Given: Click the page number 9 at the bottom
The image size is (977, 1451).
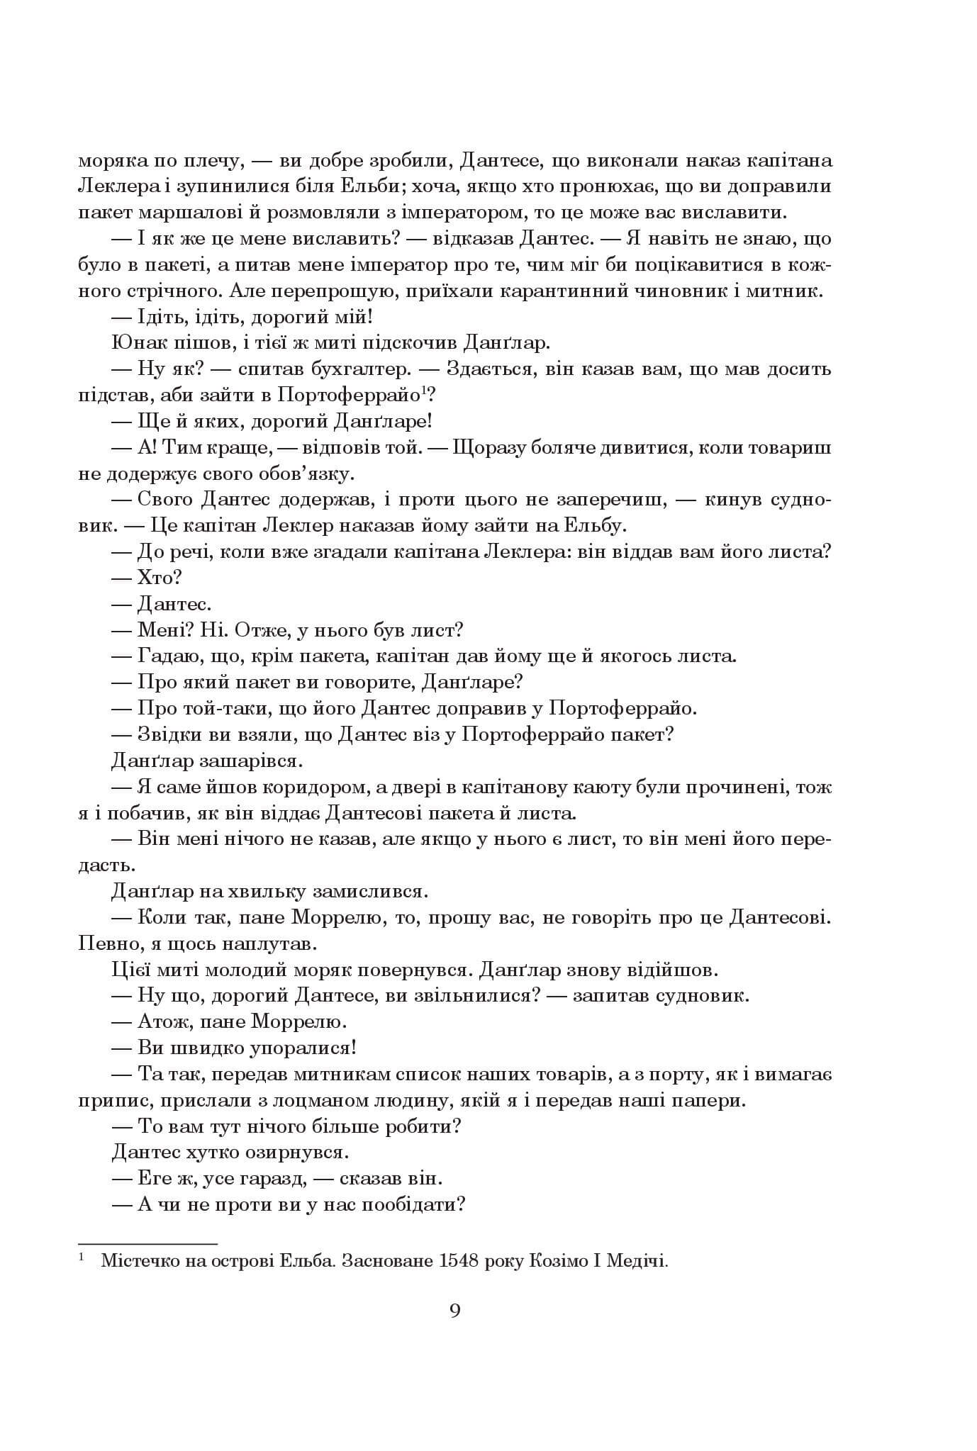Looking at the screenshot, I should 455,1311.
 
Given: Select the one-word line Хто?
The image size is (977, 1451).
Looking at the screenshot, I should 155,578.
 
